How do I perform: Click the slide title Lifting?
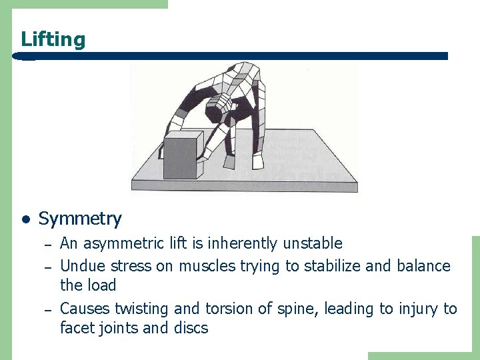coord(53,39)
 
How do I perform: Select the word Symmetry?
coord(80,219)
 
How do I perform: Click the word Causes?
coord(85,309)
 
